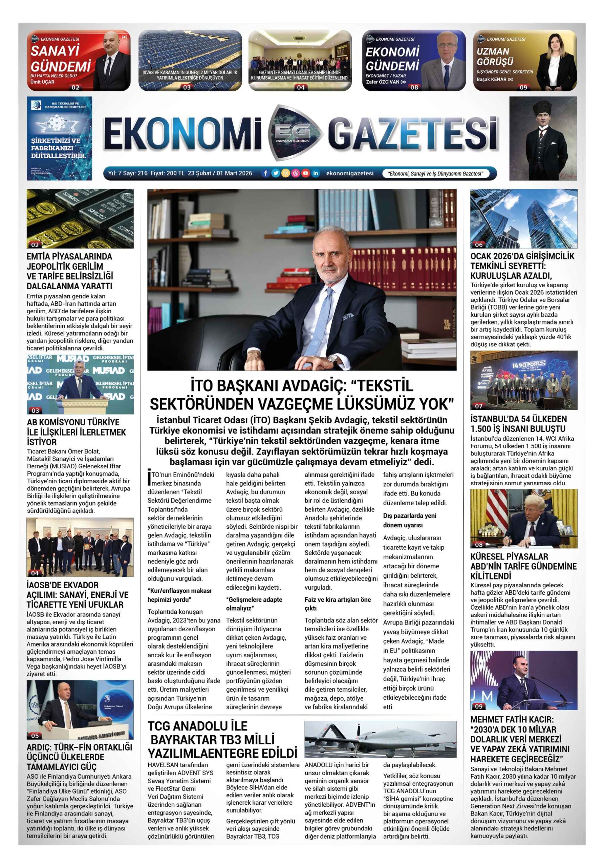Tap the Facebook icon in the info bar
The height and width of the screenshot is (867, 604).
(265, 173)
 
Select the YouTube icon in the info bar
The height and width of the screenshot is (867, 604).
(305, 173)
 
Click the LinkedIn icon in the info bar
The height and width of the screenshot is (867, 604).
(316, 173)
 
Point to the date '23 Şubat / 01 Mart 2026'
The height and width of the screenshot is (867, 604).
(220, 173)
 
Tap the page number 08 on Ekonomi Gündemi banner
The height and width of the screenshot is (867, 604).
(414, 87)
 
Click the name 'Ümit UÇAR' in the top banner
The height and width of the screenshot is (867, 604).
(42, 82)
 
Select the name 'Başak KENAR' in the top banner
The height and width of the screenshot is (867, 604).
(492, 79)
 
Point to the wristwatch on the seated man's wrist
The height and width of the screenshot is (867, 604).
(332, 358)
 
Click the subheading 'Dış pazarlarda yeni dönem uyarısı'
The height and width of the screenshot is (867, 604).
(410, 520)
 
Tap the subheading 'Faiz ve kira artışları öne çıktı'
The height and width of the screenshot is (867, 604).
(338, 604)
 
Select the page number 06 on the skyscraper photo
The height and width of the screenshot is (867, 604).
(479, 245)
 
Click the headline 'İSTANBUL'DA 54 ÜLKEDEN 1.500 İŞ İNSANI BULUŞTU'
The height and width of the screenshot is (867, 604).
(518, 424)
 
